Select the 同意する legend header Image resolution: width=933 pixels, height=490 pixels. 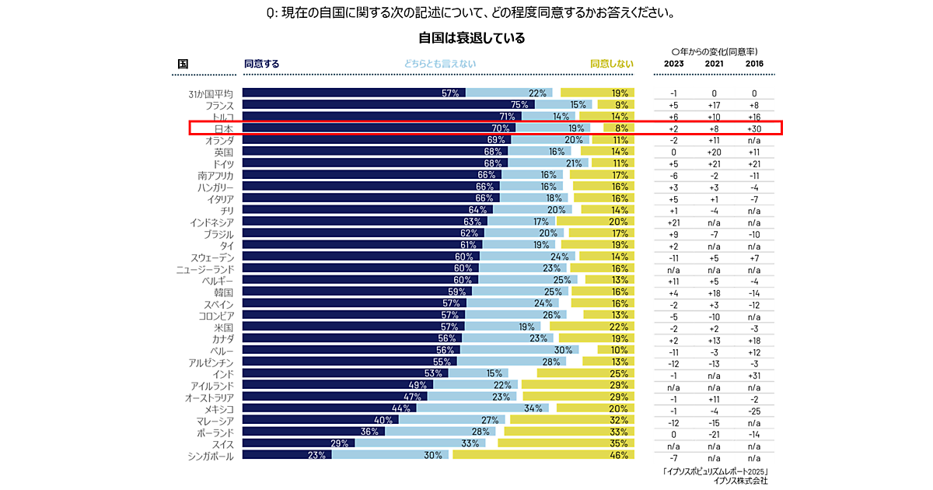pyautogui.click(x=261, y=64)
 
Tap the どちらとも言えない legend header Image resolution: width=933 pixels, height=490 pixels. pyautogui.click(x=439, y=64)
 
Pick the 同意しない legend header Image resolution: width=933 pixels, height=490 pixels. pyautogui.click(x=611, y=64)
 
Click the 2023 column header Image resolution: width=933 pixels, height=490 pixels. pyautogui.click(x=674, y=64)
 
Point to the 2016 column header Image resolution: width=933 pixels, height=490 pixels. pyautogui.click(x=754, y=64)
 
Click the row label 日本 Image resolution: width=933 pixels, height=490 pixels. pyautogui.click(x=223, y=128)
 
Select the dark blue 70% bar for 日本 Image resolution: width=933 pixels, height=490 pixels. pyautogui.click(x=379, y=128)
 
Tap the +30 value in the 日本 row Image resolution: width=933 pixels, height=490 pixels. pyautogui.click(x=754, y=128)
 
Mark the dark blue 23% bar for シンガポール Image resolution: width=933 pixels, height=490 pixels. pyautogui.click(x=287, y=455)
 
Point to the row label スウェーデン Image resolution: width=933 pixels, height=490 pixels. pyautogui.click(x=211, y=257)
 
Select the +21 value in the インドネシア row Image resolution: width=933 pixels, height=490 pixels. pyautogui.click(x=674, y=222)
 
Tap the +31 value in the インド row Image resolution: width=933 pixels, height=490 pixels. pyautogui.click(x=754, y=373)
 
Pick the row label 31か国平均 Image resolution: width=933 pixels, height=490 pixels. pyautogui.click(x=211, y=93)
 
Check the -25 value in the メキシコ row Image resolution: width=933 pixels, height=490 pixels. pyautogui.click(x=754, y=408)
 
